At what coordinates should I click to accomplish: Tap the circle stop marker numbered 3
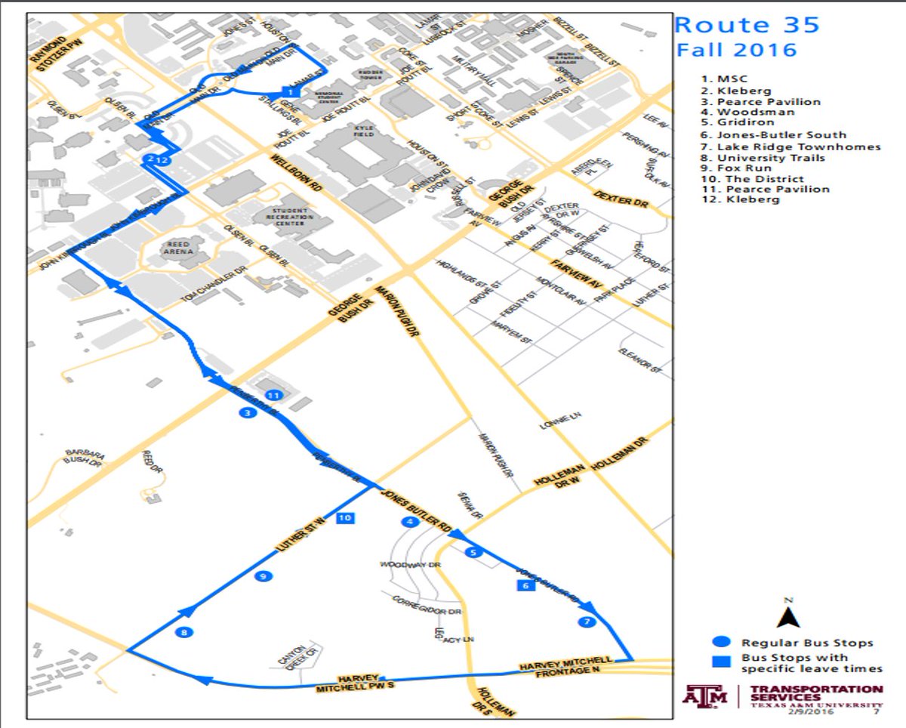pyautogui.click(x=246, y=412)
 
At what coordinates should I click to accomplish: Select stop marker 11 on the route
pyautogui.click(x=273, y=395)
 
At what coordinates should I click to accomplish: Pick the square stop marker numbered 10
pyautogui.click(x=346, y=518)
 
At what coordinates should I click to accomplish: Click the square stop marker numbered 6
pyautogui.click(x=525, y=585)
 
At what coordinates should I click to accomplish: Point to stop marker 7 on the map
pyautogui.click(x=586, y=622)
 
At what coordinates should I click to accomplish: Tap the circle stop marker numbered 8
pyautogui.click(x=183, y=633)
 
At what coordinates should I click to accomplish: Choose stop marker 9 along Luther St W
pyautogui.click(x=263, y=577)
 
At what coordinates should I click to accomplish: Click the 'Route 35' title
pyautogui.click(x=747, y=25)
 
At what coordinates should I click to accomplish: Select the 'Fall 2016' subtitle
pyautogui.click(x=736, y=51)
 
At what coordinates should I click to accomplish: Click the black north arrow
pyautogui.click(x=788, y=615)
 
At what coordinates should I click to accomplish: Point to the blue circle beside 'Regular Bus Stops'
pyautogui.click(x=722, y=643)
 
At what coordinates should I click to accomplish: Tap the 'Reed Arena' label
pyautogui.click(x=182, y=248)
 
